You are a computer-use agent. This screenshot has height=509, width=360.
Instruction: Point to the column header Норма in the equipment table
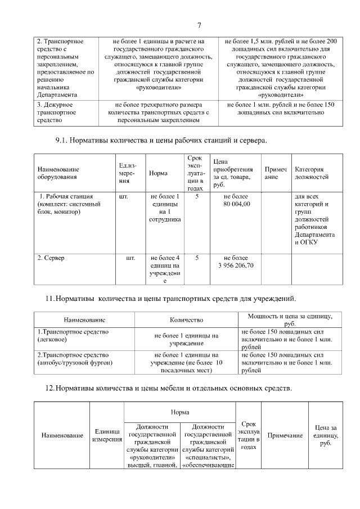(x=158, y=173)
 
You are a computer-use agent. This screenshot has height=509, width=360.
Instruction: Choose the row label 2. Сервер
(x=51, y=258)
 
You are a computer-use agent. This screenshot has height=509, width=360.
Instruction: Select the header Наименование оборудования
(x=58, y=173)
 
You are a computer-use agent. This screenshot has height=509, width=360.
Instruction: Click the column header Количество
(x=186, y=319)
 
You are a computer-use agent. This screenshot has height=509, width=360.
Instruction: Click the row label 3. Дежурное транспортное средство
(x=60, y=112)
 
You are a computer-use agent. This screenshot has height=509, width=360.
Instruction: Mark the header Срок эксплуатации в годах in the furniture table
(x=249, y=435)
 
